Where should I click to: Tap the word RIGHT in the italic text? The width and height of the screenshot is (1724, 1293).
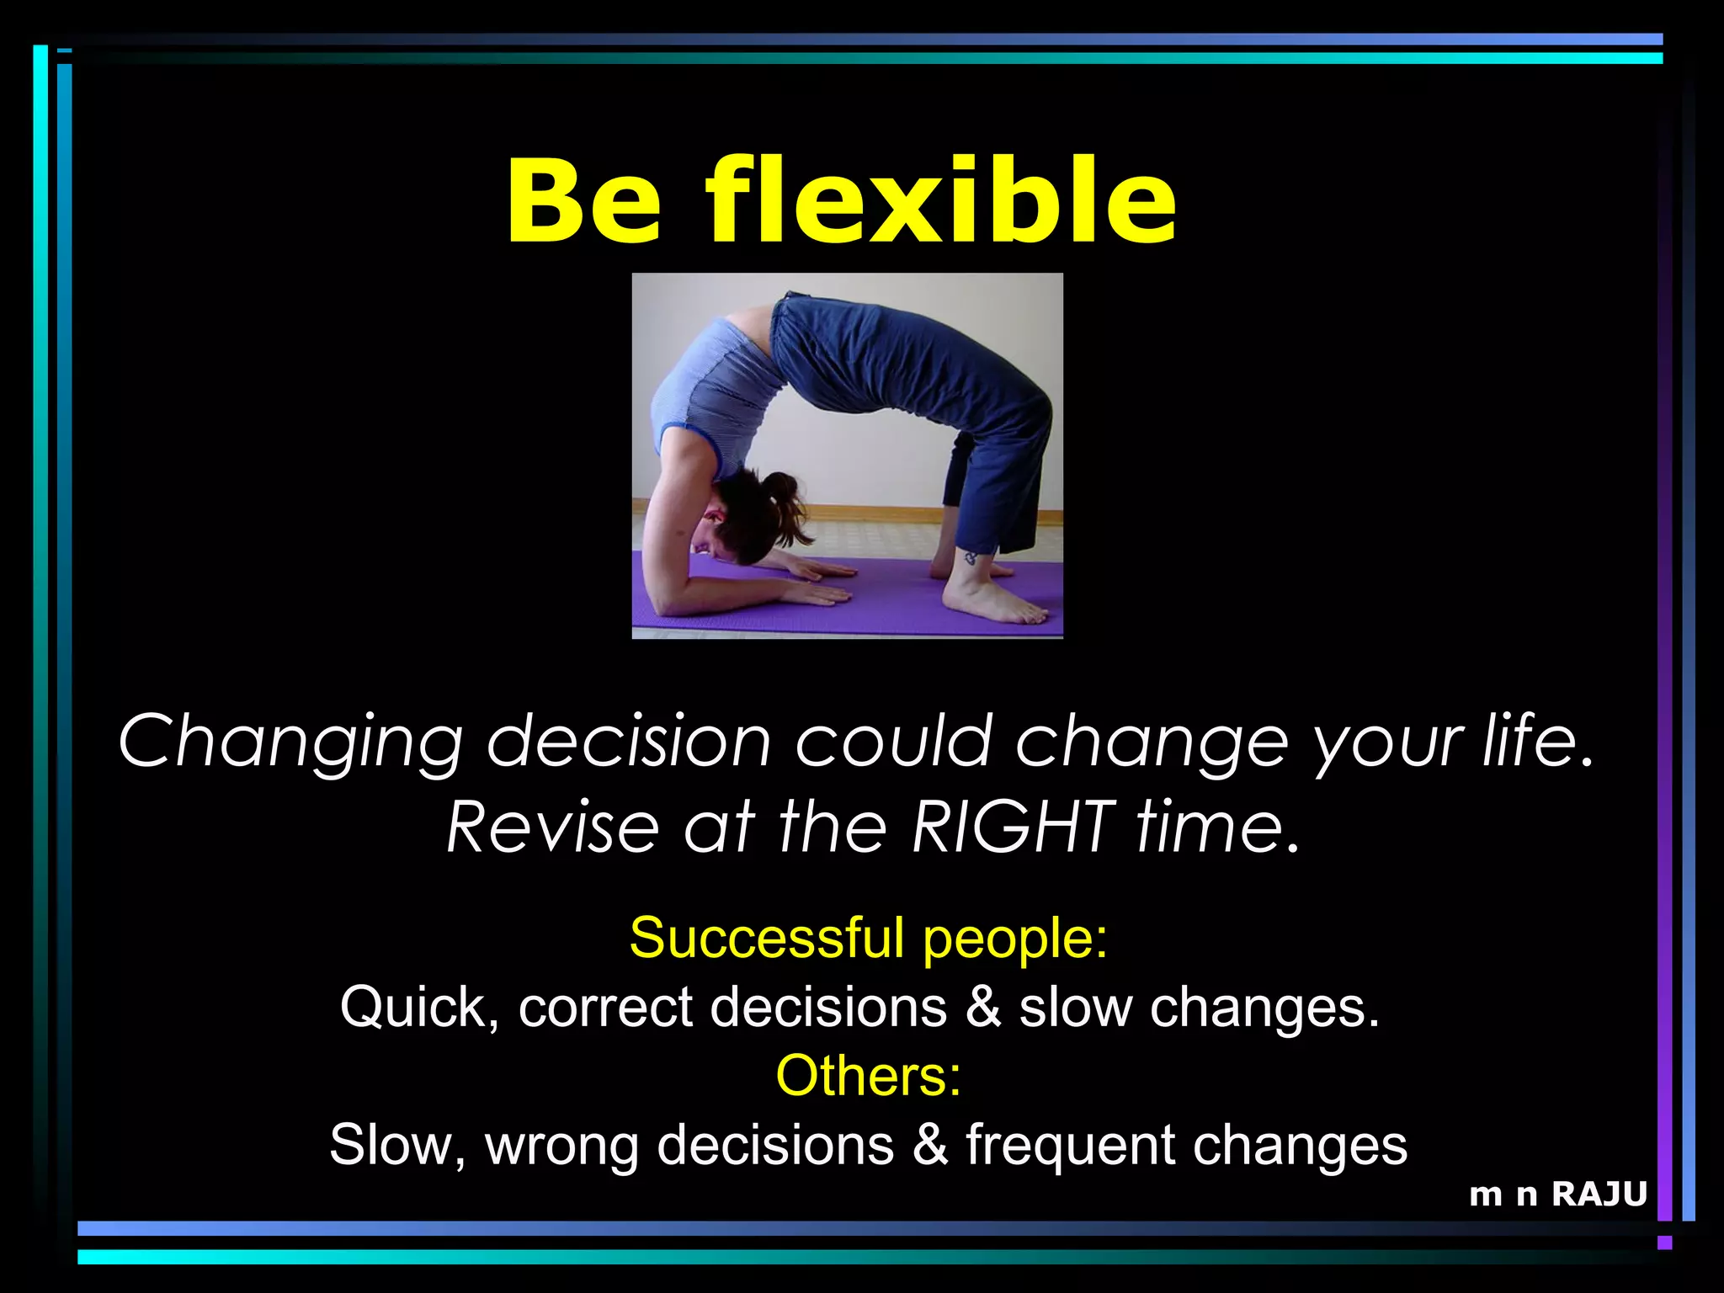pyautogui.click(x=1014, y=827)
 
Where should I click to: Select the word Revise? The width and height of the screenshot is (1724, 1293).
pyautogui.click(x=552, y=827)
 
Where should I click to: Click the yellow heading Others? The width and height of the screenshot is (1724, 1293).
pyautogui.click(x=868, y=1076)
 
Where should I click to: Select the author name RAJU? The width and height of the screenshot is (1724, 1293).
pyautogui.click(x=1599, y=1195)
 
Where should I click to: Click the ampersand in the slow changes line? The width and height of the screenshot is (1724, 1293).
pyautogui.click(x=983, y=1007)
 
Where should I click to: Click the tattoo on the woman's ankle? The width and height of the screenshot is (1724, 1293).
pyautogui.click(x=971, y=558)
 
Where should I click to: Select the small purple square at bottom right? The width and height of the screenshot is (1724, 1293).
pyautogui.click(x=1664, y=1242)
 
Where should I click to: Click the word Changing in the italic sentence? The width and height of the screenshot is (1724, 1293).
pyautogui.click(x=290, y=741)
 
